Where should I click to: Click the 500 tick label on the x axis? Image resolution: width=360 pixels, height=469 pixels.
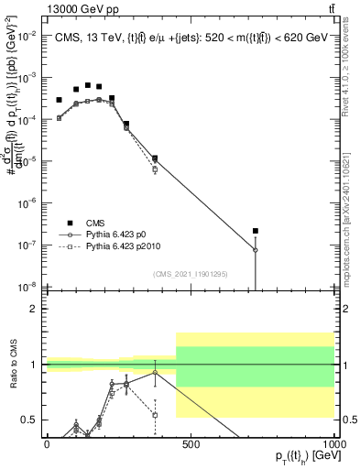tap(191, 444)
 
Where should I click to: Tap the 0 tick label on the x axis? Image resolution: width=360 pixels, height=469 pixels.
tap(46, 444)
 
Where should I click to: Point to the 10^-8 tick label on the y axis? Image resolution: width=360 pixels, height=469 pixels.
tap(29, 286)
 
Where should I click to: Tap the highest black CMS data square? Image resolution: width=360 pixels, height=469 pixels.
tap(87, 85)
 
